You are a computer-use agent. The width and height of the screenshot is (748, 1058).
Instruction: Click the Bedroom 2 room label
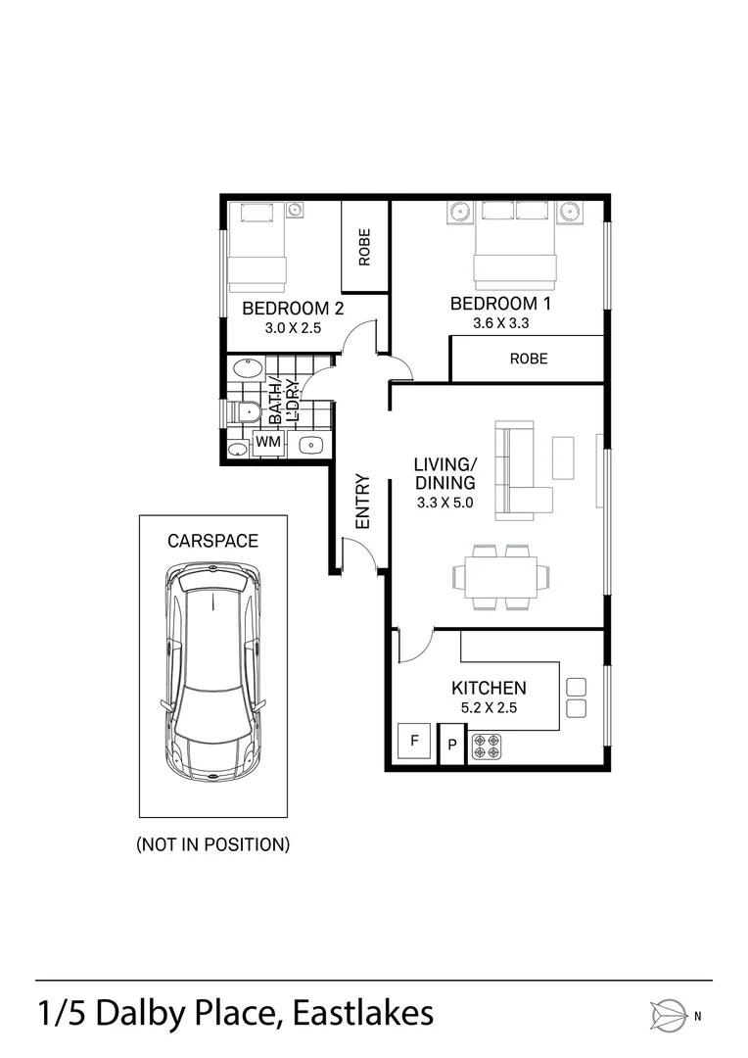(293, 309)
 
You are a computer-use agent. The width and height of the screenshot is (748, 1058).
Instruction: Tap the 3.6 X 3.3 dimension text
(501, 323)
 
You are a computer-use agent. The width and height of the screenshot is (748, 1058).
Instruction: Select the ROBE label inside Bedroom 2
(365, 247)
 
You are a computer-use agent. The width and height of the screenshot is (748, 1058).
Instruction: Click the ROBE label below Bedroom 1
(529, 359)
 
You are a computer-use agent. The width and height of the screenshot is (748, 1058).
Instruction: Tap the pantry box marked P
(452, 745)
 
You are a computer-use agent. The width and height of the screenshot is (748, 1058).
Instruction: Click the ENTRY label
(363, 502)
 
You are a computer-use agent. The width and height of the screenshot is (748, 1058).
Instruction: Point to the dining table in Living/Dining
(500, 577)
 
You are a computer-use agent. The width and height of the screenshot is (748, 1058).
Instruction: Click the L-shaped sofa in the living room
(524, 470)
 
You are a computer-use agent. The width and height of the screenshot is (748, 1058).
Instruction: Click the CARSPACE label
(213, 541)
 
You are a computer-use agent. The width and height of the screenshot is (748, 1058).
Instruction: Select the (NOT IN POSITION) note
(213, 844)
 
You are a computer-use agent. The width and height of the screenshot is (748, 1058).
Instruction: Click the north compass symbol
(669, 1016)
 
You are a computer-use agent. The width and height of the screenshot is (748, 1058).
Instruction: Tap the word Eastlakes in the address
(363, 1014)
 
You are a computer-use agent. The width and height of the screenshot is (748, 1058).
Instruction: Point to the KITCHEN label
(489, 689)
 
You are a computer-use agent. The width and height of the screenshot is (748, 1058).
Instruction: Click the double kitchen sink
(576, 697)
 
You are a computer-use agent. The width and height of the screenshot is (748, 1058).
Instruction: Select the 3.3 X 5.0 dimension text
(445, 503)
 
